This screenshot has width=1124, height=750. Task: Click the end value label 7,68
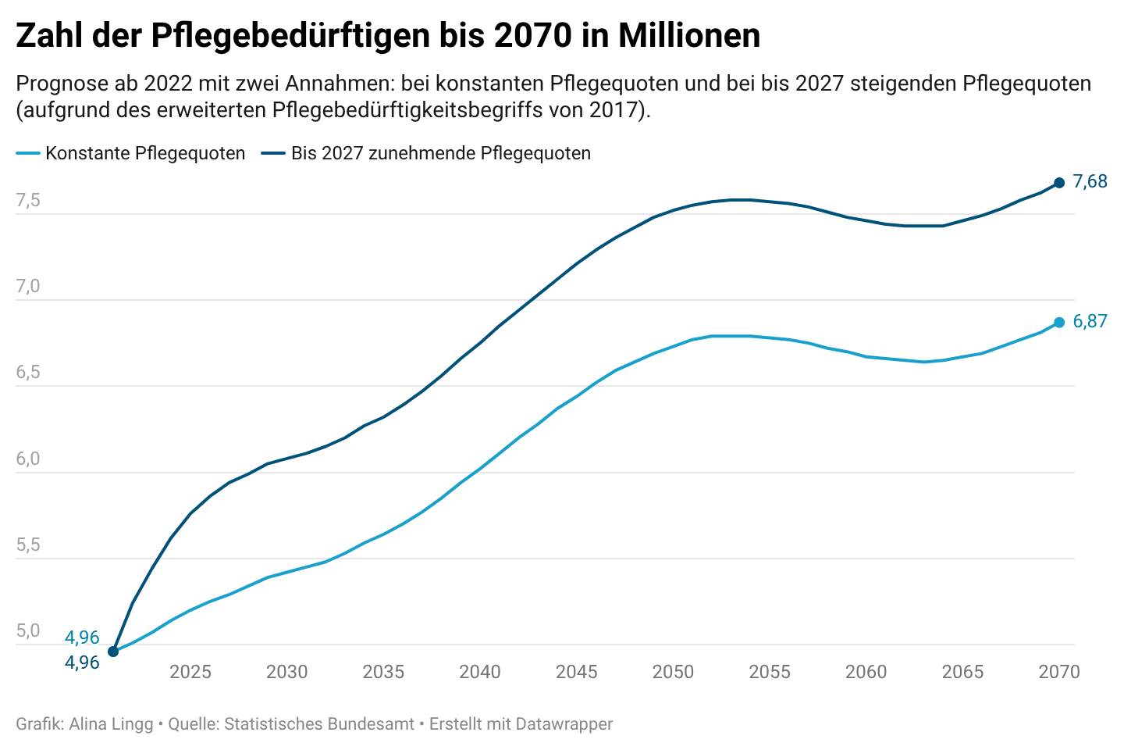[x=1090, y=182]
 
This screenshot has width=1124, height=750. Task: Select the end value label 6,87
[x=1090, y=321]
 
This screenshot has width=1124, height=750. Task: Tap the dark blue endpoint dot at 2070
[x=1059, y=183]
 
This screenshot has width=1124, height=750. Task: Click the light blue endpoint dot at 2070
[x=1059, y=323]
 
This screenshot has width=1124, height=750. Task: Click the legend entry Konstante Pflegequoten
[x=145, y=153]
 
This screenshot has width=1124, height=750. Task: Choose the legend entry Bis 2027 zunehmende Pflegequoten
[x=440, y=153]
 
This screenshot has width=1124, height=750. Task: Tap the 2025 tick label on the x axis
[x=190, y=672]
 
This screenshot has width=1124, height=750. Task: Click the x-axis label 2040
[x=480, y=672]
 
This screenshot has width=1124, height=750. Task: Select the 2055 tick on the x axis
[x=770, y=672]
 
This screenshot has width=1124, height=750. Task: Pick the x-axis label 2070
[x=1059, y=672]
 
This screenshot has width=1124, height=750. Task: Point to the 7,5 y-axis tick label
[x=28, y=201]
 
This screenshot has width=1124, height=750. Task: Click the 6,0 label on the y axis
[x=28, y=459]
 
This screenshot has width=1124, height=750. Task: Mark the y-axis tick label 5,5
[x=28, y=545]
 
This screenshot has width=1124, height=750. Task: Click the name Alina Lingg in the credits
[x=111, y=724]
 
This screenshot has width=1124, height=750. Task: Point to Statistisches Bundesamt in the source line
[x=319, y=724]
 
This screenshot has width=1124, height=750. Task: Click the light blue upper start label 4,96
[x=82, y=637]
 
